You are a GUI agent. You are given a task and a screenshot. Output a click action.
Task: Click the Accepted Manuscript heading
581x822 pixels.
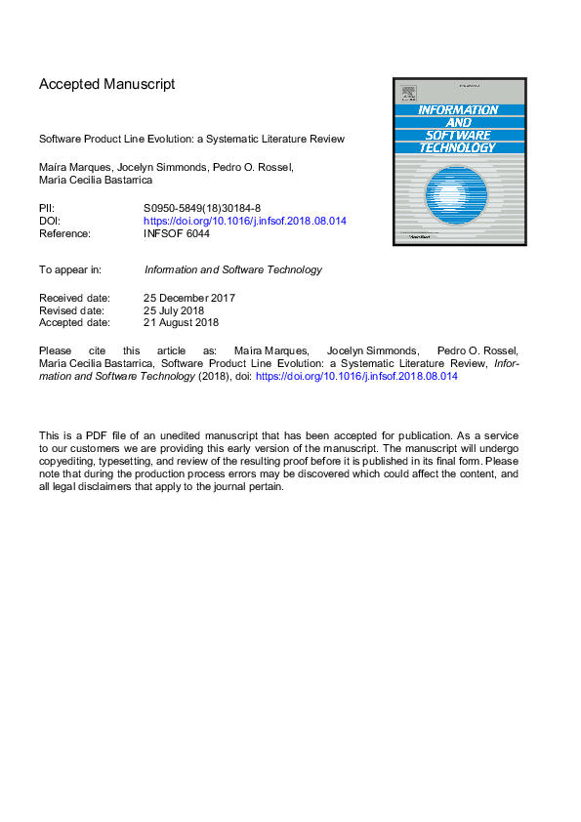point(107,84)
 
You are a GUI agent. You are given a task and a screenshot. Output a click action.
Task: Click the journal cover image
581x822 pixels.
point(459,161)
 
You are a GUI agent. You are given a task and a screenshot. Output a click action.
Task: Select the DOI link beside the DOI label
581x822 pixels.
point(244,221)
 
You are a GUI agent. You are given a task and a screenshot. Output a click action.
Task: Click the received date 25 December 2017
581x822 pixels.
point(189,298)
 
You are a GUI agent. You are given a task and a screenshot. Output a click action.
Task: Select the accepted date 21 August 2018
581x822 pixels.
point(181,323)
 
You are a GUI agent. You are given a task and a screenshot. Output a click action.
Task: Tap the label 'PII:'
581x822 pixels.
point(47,208)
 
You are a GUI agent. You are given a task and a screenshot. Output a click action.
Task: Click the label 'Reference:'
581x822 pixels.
point(64,233)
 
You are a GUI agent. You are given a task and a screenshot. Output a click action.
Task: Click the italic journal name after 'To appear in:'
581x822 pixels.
point(232,269)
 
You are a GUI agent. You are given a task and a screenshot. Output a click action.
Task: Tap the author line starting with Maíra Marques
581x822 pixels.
point(166,167)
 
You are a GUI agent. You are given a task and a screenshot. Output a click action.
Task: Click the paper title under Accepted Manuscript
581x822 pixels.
point(191,139)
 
